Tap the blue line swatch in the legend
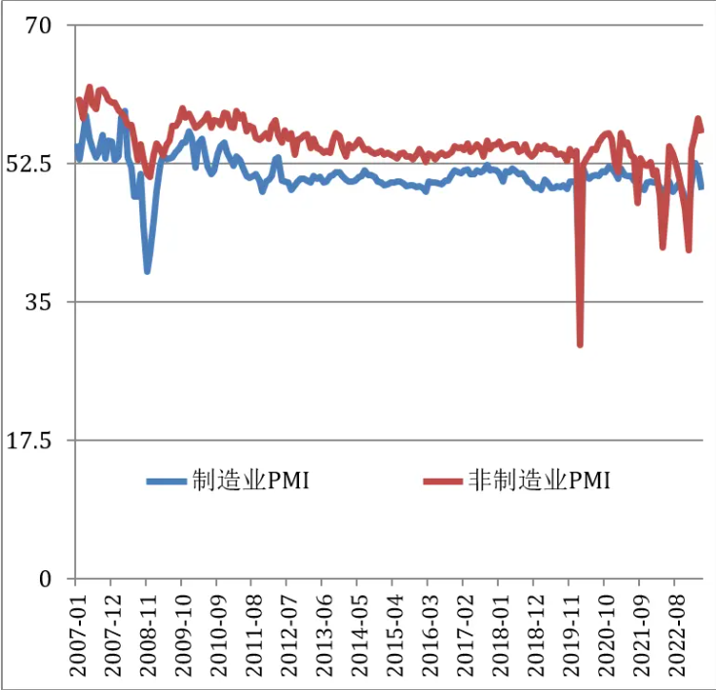[167, 480]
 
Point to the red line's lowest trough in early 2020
[581, 343]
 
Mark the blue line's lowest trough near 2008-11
[147, 270]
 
